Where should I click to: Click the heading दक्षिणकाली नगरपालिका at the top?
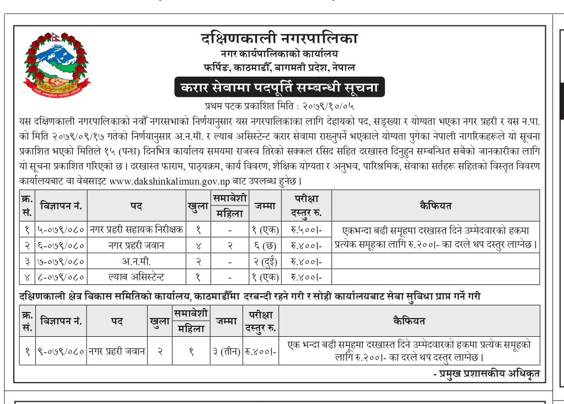(x=279, y=39)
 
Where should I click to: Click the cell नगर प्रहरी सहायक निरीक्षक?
(x=137, y=229)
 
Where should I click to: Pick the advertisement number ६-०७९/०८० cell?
(x=61, y=245)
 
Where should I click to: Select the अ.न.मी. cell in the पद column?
(x=137, y=261)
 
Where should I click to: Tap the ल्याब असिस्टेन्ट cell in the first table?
(x=137, y=277)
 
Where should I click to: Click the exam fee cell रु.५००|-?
(x=305, y=229)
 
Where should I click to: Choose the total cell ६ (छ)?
(x=266, y=245)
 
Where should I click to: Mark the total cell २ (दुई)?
(x=266, y=261)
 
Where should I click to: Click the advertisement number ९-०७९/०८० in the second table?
(x=61, y=351)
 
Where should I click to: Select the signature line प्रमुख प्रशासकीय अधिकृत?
(x=486, y=374)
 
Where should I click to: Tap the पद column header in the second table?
(x=116, y=321)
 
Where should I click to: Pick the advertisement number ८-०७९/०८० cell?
(x=61, y=277)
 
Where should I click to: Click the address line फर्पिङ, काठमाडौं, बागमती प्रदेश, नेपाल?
(x=279, y=67)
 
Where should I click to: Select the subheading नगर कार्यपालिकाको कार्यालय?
(x=279, y=54)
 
